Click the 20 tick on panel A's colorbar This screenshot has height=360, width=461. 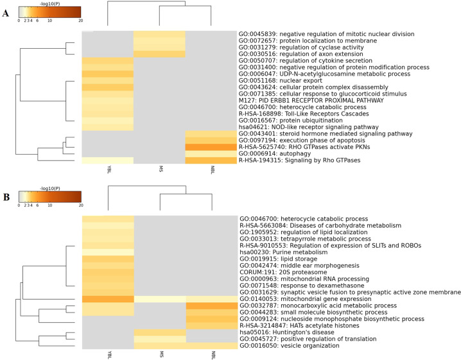[x=80, y=20]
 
